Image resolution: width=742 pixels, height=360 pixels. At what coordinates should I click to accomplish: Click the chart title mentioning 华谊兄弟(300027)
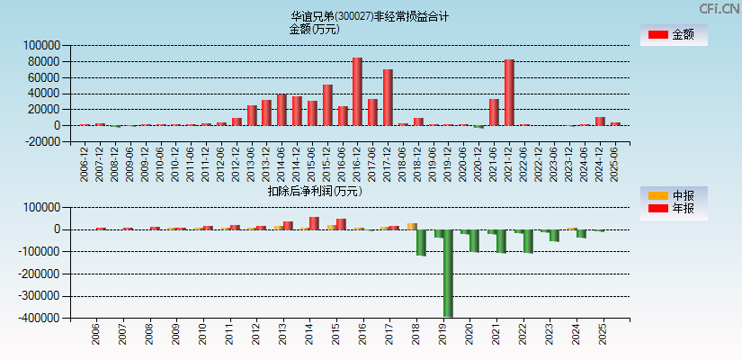click(x=370, y=16)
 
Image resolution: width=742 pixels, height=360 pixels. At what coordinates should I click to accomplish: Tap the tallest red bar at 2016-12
click(x=357, y=91)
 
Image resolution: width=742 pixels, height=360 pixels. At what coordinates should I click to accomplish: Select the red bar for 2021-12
click(x=509, y=92)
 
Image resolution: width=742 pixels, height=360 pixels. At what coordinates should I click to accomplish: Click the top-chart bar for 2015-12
click(x=327, y=104)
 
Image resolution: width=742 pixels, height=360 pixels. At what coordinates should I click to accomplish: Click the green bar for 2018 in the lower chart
click(x=421, y=242)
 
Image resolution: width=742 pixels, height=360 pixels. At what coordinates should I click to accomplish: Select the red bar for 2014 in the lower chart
click(x=314, y=223)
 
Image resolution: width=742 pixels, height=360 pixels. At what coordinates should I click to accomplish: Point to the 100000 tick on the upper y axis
click(x=41, y=45)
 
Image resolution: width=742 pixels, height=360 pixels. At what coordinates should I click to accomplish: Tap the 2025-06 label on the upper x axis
click(x=615, y=162)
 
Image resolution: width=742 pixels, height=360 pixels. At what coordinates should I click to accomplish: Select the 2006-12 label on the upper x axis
click(x=85, y=162)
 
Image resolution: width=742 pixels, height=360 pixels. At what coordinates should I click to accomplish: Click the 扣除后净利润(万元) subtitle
click(x=314, y=191)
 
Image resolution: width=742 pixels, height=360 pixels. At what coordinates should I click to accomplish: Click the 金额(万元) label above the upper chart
click(x=314, y=29)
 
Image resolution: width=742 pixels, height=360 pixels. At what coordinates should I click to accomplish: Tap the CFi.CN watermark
click(x=719, y=8)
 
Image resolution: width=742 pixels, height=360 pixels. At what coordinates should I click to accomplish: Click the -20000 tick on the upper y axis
click(x=41, y=141)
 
